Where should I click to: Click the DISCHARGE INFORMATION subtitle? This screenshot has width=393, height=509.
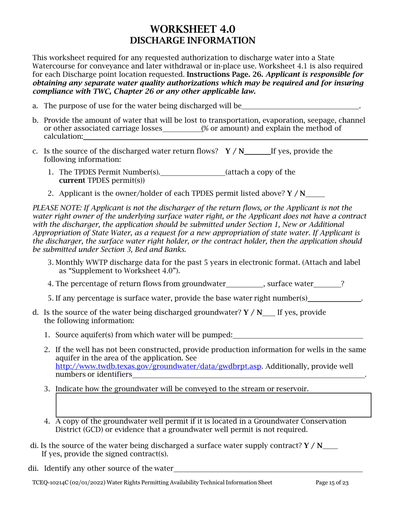[x=192, y=41]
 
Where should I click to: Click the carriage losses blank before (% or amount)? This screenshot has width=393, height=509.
[x=182, y=129]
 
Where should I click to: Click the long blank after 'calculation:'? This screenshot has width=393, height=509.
[x=225, y=137]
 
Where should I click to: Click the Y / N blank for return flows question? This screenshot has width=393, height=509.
[x=257, y=152]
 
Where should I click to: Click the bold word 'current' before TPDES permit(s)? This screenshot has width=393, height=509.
[x=72, y=180]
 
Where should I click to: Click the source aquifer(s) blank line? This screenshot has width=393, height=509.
[x=298, y=336]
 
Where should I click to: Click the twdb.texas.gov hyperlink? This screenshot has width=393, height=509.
[x=158, y=367]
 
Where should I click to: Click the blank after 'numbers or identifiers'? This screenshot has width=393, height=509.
[x=248, y=375]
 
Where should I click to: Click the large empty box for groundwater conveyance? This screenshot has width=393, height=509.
[x=213, y=405]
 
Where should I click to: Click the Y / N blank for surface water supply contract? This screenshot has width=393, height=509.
[x=330, y=447]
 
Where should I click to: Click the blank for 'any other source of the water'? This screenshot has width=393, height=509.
[x=268, y=470]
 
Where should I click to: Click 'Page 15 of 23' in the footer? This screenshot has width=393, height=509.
[x=332, y=483]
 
